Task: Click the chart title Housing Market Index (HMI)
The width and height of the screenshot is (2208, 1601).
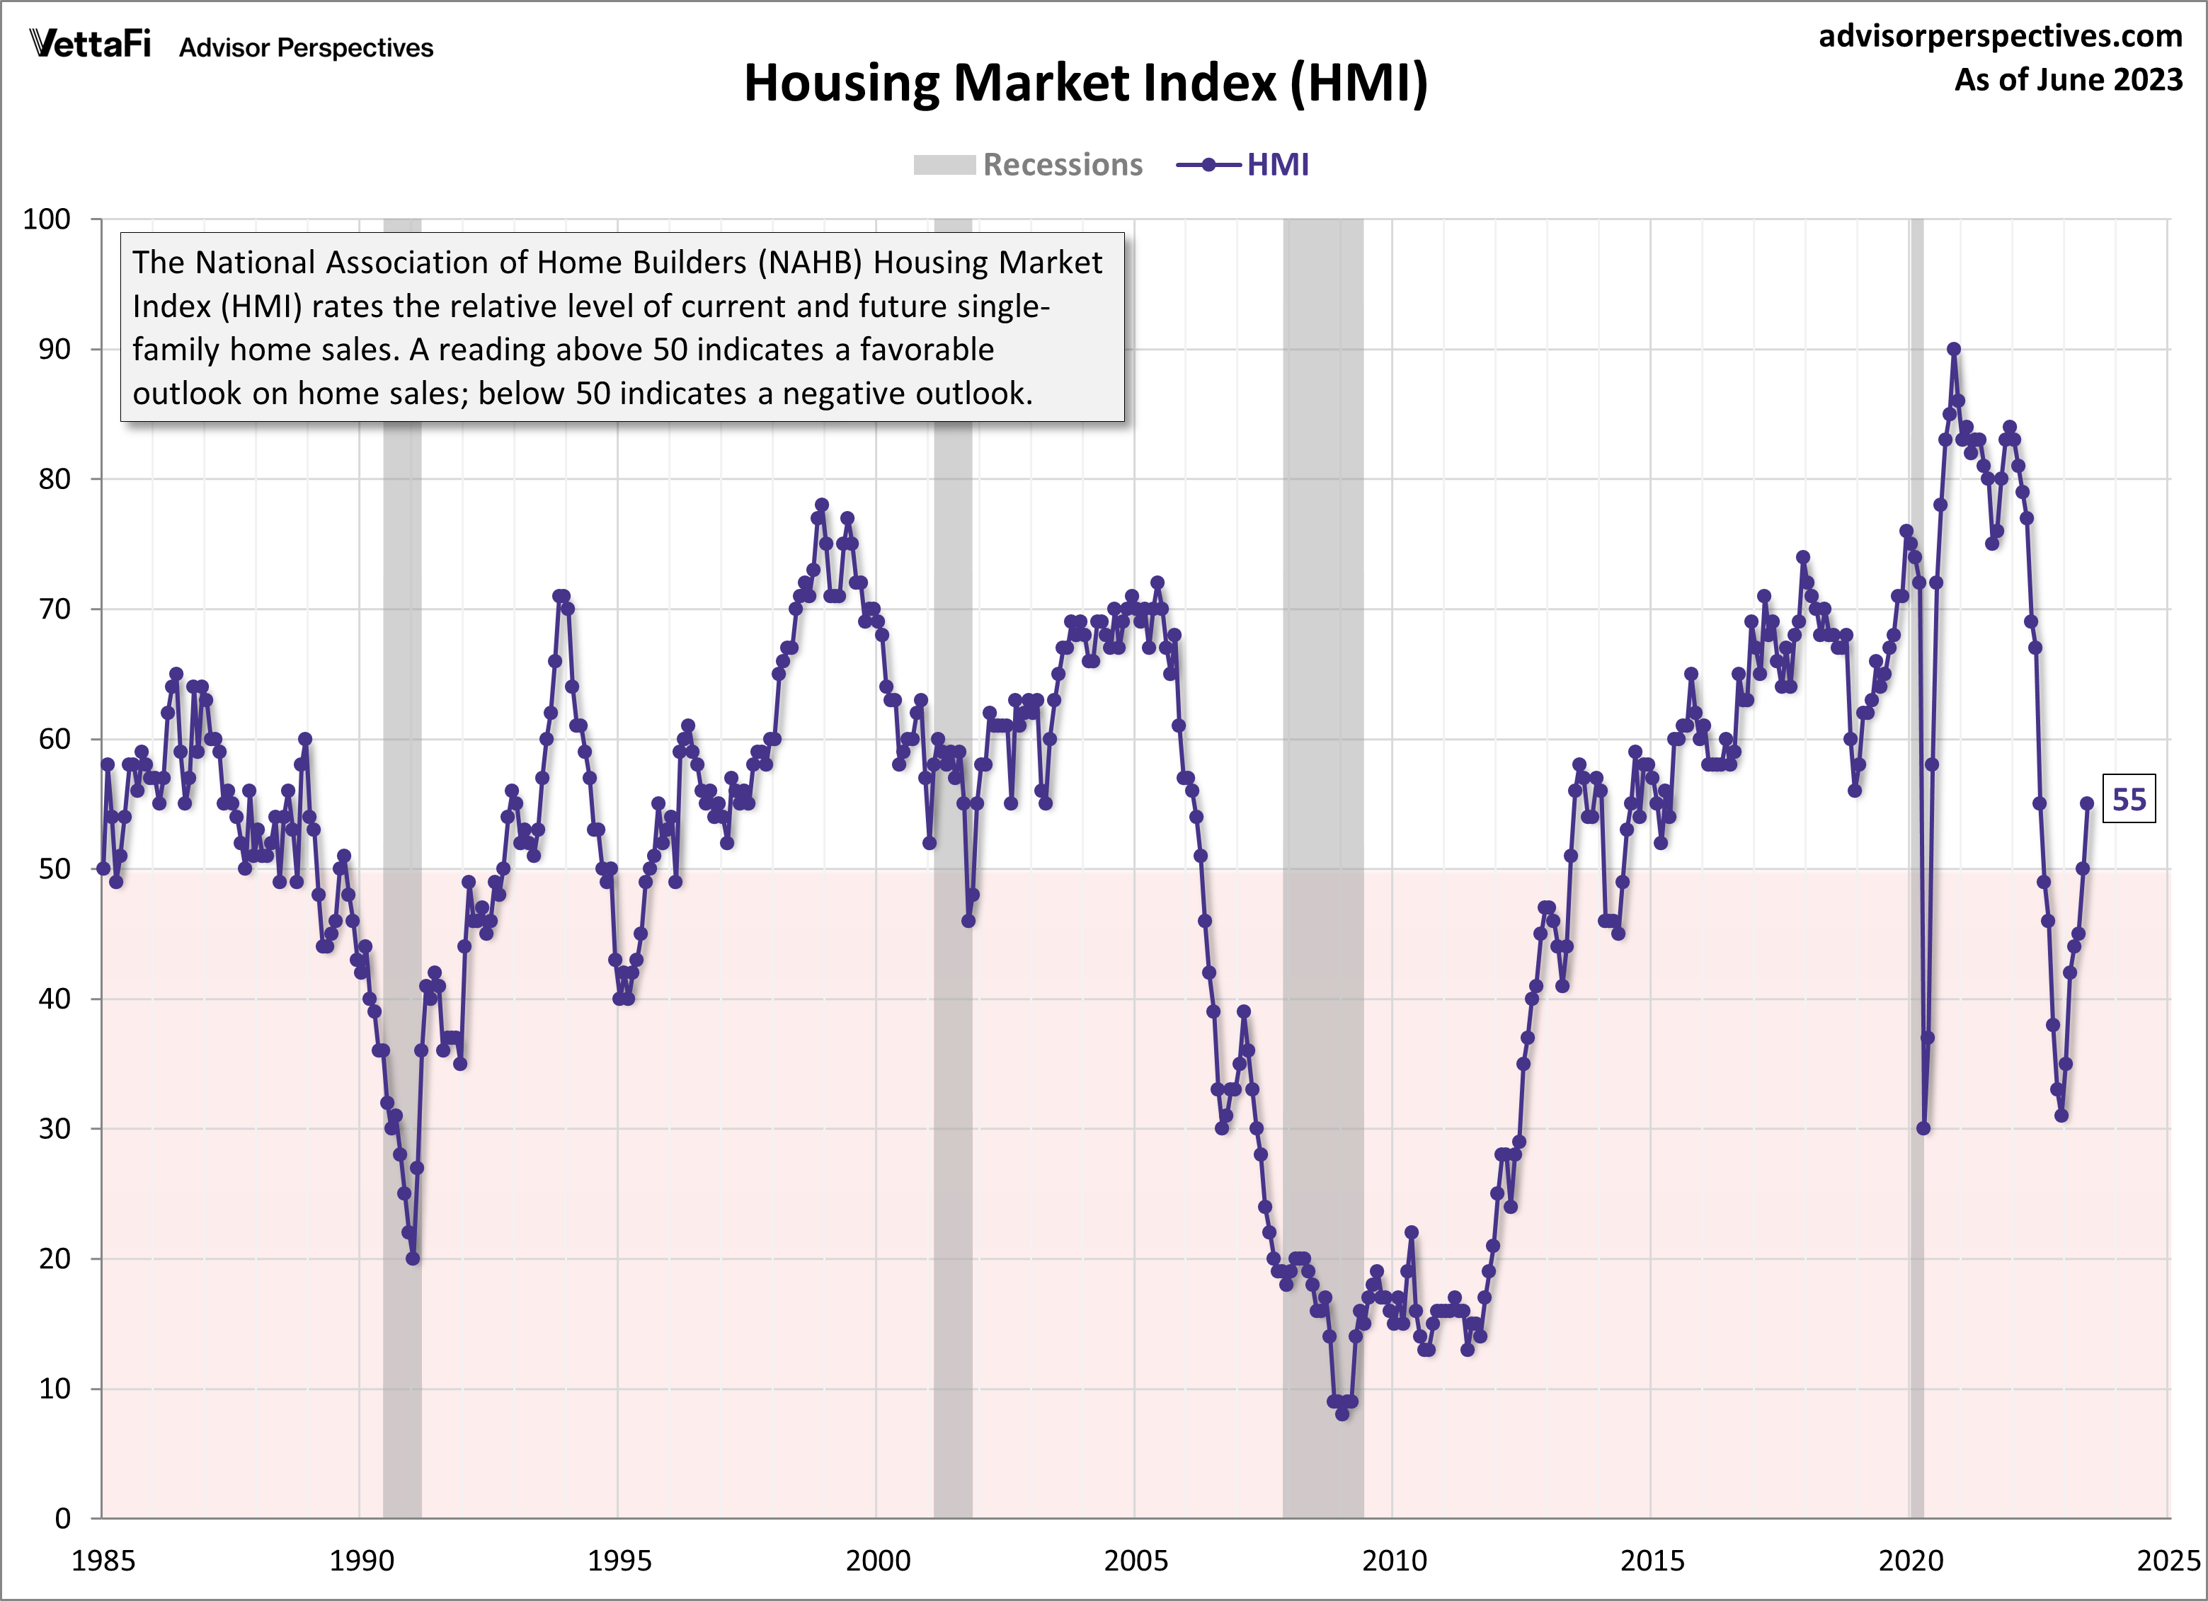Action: (x=1085, y=83)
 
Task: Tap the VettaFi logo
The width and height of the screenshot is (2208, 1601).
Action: (x=90, y=44)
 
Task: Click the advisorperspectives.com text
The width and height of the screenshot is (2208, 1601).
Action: (x=2000, y=36)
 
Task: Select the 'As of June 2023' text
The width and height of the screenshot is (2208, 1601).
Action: (x=2068, y=80)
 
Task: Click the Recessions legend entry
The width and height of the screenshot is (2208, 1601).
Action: (x=1028, y=164)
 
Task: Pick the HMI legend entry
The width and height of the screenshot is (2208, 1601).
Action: (x=1243, y=164)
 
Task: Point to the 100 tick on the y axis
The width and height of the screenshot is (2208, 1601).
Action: (x=47, y=219)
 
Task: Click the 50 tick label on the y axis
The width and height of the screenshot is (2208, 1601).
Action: (x=55, y=869)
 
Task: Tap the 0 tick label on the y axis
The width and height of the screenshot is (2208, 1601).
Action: (x=62, y=1518)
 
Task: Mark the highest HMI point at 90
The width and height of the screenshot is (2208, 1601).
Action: (x=1954, y=348)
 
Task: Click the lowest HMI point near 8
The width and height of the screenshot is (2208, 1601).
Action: (x=1342, y=1414)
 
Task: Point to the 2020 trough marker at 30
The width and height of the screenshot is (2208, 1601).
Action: (x=1923, y=1129)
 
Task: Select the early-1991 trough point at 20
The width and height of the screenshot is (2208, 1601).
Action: (x=413, y=1258)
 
